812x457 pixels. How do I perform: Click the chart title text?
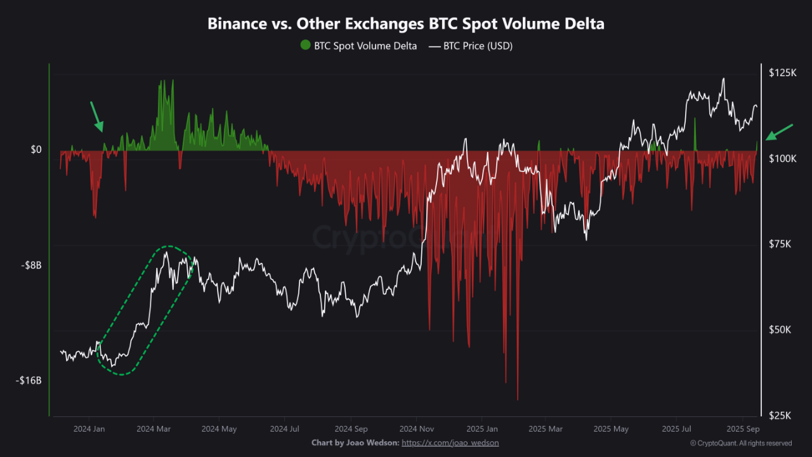pos(406,24)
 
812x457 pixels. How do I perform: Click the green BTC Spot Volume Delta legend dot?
pos(306,46)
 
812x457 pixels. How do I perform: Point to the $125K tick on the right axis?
pos(783,73)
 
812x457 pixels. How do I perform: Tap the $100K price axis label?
pos(783,158)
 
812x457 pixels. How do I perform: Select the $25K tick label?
pos(780,416)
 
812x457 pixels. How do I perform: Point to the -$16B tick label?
pos(28,381)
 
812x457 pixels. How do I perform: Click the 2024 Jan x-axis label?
pos(89,429)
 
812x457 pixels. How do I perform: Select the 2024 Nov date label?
pos(417,429)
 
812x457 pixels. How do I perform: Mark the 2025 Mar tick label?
pos(546,429)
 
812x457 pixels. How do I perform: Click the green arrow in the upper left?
pos(97,117)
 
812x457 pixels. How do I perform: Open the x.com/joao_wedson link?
pos(450,442)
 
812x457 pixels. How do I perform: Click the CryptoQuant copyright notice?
pos(740,443)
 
